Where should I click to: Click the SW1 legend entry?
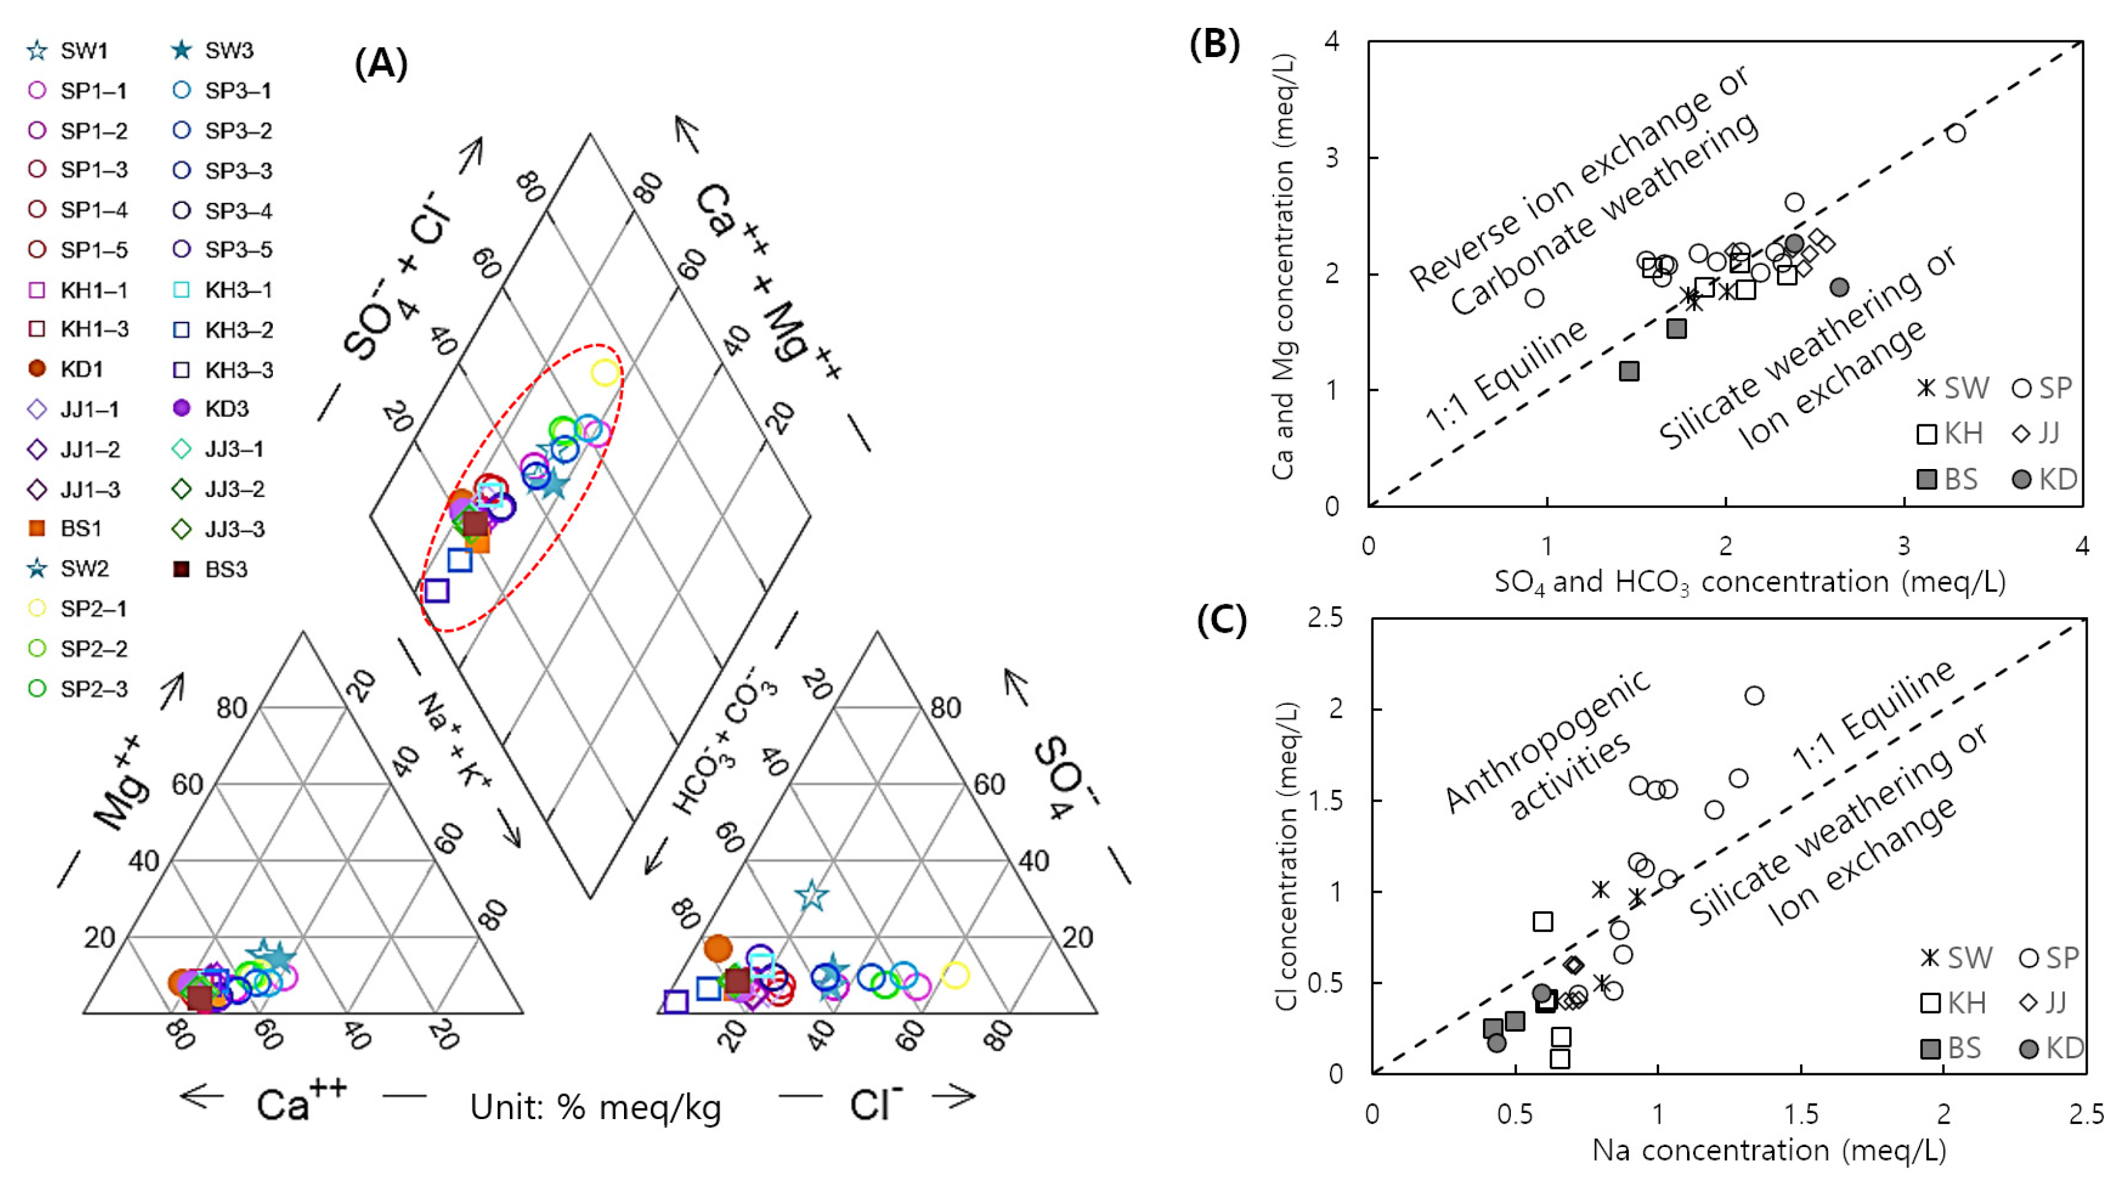point(70,50)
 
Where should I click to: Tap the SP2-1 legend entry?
point(78,609)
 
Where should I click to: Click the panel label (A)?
point(380,63)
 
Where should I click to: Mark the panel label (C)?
point(1221,620)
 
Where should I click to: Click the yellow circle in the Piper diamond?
point(605,373)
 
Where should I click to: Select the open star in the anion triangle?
point(811,895)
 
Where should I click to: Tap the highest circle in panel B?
point(1955,133)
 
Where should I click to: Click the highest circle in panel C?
point(1754,695)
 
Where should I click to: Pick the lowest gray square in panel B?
point(1628,371)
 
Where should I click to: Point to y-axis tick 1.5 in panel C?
point(1325,800)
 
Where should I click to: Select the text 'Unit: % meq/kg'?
point(595,1108)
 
